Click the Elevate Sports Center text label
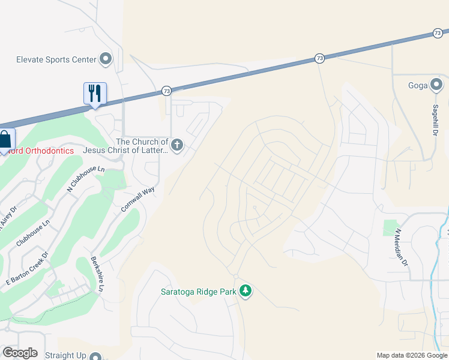56,59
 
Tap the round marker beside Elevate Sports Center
106,59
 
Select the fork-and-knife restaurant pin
95,94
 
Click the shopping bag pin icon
5,140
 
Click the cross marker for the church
177,145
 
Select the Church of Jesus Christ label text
126,146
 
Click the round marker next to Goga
436,85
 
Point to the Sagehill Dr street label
435,118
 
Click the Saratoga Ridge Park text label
198,292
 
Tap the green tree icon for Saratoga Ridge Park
245,292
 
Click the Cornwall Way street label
138,199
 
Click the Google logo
20,353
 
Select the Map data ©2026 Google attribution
412,355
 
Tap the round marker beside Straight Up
95,356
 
